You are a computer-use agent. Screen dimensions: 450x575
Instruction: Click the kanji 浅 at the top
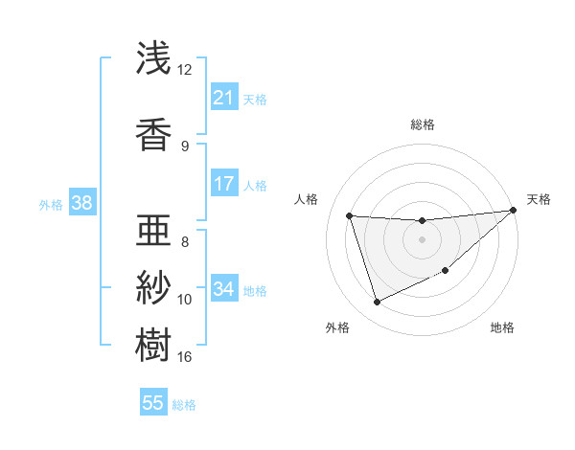point(153,59)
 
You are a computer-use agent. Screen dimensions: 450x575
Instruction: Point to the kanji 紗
point(153,286)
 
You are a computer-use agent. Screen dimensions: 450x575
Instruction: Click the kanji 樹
point(153,344)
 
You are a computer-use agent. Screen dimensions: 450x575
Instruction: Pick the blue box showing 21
point(223,98)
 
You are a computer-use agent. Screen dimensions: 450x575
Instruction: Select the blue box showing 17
point(223,184)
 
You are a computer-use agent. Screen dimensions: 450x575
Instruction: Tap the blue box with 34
point(223,289)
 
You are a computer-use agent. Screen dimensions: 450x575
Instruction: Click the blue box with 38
point(81,203)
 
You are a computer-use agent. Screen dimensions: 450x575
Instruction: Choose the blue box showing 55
point(153,403)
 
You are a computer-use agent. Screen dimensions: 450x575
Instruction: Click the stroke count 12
point(185,69)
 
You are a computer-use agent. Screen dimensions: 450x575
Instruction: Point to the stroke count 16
point(185,357)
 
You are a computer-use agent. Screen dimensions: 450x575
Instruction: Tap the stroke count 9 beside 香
point(185,146)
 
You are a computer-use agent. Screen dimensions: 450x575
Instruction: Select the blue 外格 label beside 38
point(50,204)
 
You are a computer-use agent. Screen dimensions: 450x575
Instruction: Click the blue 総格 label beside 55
point(184,404)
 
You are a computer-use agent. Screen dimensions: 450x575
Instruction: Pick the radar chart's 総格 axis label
point(422,124)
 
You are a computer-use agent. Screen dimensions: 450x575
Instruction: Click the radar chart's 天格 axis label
point(539,199)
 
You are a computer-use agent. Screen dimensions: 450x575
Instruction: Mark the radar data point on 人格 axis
point(350,215)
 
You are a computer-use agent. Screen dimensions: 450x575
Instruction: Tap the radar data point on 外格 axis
point(377,303)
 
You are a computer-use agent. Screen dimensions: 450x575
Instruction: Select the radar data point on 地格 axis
point(446,271)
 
